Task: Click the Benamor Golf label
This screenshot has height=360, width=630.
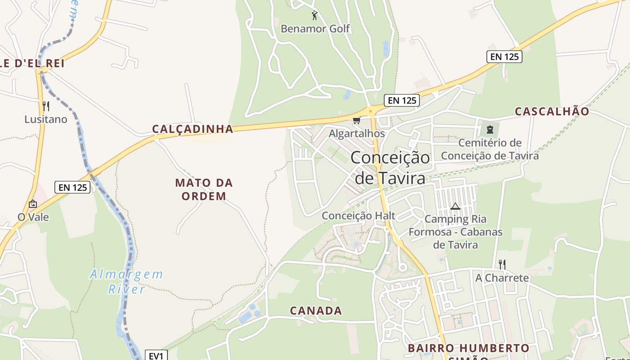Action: point(315,29)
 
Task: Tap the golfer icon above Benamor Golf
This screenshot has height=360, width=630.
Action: point(315,16)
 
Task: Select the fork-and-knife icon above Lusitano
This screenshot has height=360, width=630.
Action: point(45,106)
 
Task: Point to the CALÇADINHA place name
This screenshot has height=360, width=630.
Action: point(193,129)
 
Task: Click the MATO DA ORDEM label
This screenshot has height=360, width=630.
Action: point(204,189)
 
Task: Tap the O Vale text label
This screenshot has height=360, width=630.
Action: point(33,217)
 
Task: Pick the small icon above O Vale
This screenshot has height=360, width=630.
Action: point(32,204)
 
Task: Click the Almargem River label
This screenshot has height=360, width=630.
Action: point(126,281)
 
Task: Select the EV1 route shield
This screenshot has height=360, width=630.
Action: point(156,355)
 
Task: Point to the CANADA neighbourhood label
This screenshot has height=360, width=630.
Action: point(316,310)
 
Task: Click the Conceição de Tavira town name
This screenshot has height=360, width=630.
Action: point(390,167)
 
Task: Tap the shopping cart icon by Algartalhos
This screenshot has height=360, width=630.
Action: point(357,120)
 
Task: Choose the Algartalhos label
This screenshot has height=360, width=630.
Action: point(357,134)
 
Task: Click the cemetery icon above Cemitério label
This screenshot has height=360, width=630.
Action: point(490,130)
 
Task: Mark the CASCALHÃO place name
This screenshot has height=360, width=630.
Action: point(552,112)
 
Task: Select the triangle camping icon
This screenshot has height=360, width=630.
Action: point(455,207)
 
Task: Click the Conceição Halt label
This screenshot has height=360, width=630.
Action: point(358,216)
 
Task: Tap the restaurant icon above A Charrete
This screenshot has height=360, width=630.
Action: point(502,264)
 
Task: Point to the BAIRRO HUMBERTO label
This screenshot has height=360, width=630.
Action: point(468,348)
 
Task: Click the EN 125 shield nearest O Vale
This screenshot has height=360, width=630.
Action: point(72,187)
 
